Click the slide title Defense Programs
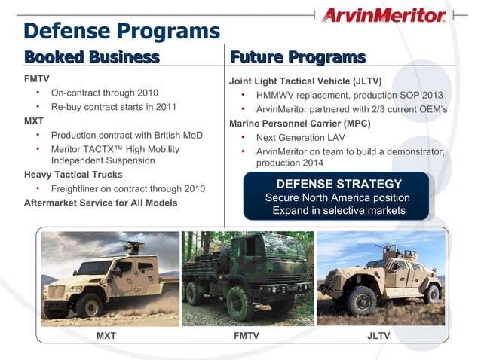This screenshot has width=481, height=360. pyautogui.click(x=121, y=31)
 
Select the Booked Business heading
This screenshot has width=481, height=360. pyautogui.click(x=92, y=57)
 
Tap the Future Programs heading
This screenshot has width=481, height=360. pyautogui.click(x=298, y=57)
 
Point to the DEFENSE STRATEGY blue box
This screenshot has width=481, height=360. pyautogui.click(x=339, y=196)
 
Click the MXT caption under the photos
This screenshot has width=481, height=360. pyautogui.click(x=106, y=336)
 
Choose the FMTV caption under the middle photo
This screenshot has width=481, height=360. pyautogui.click(x=247, y=336)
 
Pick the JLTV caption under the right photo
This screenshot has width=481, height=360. pyautogui.click(x=378, y=336)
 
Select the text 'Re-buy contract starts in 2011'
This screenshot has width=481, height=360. pyautogui.click(x=114, y=106)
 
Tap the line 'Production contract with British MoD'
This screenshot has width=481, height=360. pyautogui.click(x=127, y=135)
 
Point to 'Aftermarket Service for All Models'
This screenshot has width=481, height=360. pyautogui.click(x=101, y=203)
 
